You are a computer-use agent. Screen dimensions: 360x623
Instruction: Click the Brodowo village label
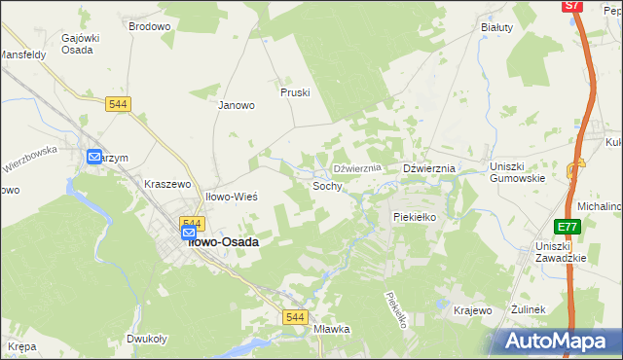click(x=149, y=27)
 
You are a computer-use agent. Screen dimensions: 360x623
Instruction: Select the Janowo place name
click(x=237, y=105)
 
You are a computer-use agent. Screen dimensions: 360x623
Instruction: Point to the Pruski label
click(x=294, y=92)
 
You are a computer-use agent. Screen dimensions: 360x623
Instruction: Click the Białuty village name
click(x=496, y=27)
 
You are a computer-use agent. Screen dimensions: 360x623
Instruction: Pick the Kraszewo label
click(x=170, y=184)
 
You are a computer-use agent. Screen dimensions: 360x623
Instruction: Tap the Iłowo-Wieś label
click(x=232, y=197)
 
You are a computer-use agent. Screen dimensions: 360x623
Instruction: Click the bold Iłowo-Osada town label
click(x=222, y=242)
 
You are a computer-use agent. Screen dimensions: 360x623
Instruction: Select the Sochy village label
click(x=327, y=185)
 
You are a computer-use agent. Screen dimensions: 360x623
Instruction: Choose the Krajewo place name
click(x=472, y=310)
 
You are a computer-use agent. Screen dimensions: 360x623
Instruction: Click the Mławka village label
click(x=332, y=329)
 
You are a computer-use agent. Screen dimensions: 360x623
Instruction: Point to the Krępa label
click(x=21, y=346)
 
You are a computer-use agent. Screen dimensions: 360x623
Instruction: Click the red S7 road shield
click(x=572, y=6)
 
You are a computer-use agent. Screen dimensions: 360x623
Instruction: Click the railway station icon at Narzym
click(x=95, y=157)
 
